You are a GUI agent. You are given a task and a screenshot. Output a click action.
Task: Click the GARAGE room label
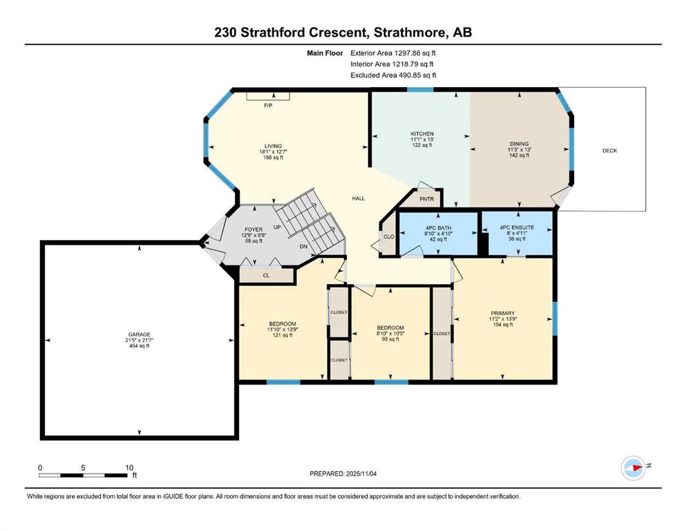tap(139, 335)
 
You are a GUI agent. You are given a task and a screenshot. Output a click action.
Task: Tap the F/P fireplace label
tap(268, 106)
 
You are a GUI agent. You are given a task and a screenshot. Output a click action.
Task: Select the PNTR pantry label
tap(426, 199)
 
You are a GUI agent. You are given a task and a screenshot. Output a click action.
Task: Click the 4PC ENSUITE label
tap(517, 227)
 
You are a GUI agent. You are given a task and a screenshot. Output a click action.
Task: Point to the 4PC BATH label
tap(439, 228)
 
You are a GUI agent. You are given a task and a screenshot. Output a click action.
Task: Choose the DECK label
tap(609, 151)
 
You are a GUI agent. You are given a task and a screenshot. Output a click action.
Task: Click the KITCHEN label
tap(422, 134)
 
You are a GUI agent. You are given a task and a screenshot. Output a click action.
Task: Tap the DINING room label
tap(520, 144)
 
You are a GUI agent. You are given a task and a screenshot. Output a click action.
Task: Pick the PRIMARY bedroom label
tap(503, 313)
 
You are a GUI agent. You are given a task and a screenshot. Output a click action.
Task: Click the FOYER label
tap(254, 230)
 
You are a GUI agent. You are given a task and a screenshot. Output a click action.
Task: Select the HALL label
tap(359, 198)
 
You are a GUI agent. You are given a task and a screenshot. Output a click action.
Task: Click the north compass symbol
tap(633, 468)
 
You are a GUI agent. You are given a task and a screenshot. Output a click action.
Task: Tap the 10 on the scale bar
tap(129, 467)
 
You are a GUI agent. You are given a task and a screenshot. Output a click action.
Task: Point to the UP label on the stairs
tap(277, 227)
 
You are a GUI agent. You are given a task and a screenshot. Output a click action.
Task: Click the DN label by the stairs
tap(304, 246)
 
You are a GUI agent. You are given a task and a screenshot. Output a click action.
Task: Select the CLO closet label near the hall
tap(389, 236)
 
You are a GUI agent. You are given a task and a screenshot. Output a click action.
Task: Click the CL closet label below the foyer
tap(267, 275)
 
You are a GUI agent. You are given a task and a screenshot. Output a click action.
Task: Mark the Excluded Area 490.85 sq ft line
tap(393, 75)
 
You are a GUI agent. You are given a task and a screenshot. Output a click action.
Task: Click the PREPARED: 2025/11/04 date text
tap(343, 474)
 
